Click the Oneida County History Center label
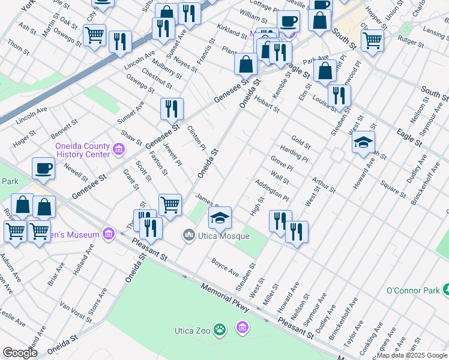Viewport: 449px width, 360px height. pos(82,150)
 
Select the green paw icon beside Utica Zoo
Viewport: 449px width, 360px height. pos(221,329)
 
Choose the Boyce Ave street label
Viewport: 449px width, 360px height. pos(225,267)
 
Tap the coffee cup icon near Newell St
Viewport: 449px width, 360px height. pos(43,168)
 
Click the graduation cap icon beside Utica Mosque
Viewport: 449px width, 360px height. pos(220,217)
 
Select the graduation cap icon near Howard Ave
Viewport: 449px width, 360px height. pos(364,142)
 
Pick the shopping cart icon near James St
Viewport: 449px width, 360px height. pos(170,204)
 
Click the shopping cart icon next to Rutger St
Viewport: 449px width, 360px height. pos(372,40)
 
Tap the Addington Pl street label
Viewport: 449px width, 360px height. pos(272,190)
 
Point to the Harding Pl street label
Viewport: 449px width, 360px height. pos(294,153)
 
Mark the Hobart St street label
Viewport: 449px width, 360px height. pos(267,103)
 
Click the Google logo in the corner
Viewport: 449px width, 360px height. pos(20,353)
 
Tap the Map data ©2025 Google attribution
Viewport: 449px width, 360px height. pos(412,355)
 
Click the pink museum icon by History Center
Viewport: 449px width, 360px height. pos(119,149)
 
